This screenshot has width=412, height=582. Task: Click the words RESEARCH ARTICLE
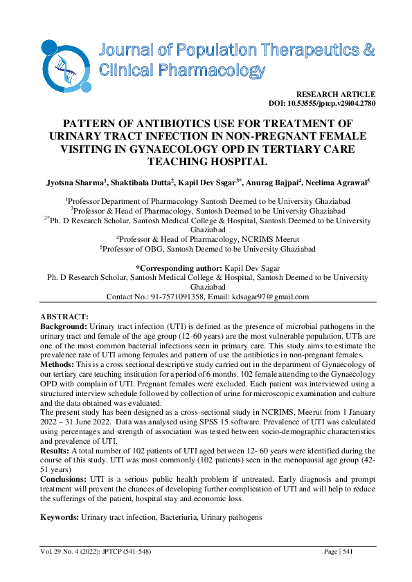click(335, 94)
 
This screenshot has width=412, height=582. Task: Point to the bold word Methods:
click(57, 364)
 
